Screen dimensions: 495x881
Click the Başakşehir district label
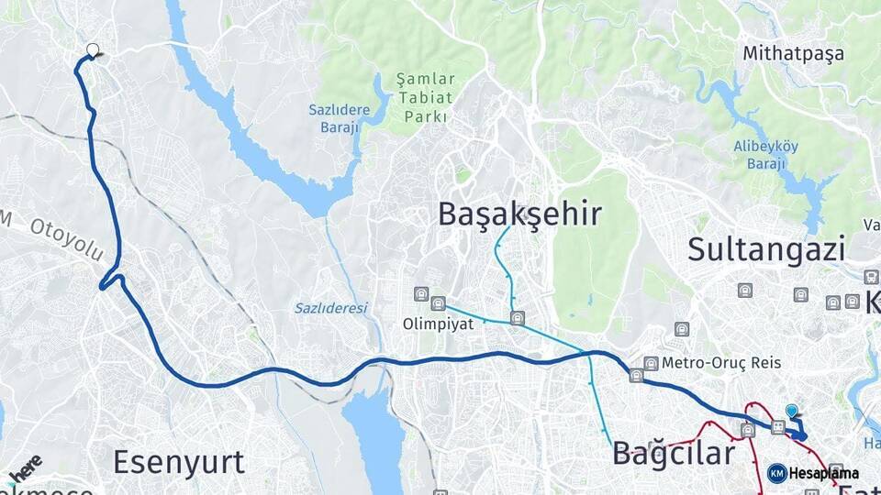(x=519, y=214)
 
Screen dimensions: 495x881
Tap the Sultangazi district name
(x=766, y=248)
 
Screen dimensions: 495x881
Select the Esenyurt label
(x=179, y=461)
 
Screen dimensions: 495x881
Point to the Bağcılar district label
(x=674, y=453)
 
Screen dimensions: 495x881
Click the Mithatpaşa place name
(x=794, y=53)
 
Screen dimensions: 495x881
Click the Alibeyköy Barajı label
(x=765, y=155)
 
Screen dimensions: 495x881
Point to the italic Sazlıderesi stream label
(x=330, y=308)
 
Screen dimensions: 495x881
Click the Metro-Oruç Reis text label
(x=721, y=363)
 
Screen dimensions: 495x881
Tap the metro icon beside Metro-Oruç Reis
(x=652, y=363)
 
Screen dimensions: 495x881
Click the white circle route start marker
(x=92, y=50)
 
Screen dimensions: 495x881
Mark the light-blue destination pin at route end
(x=792, y=412)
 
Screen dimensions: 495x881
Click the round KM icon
(x=776, y=473)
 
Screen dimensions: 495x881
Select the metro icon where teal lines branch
(x=518, y=318)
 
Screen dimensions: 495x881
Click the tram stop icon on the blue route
(x=777, y=426)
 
